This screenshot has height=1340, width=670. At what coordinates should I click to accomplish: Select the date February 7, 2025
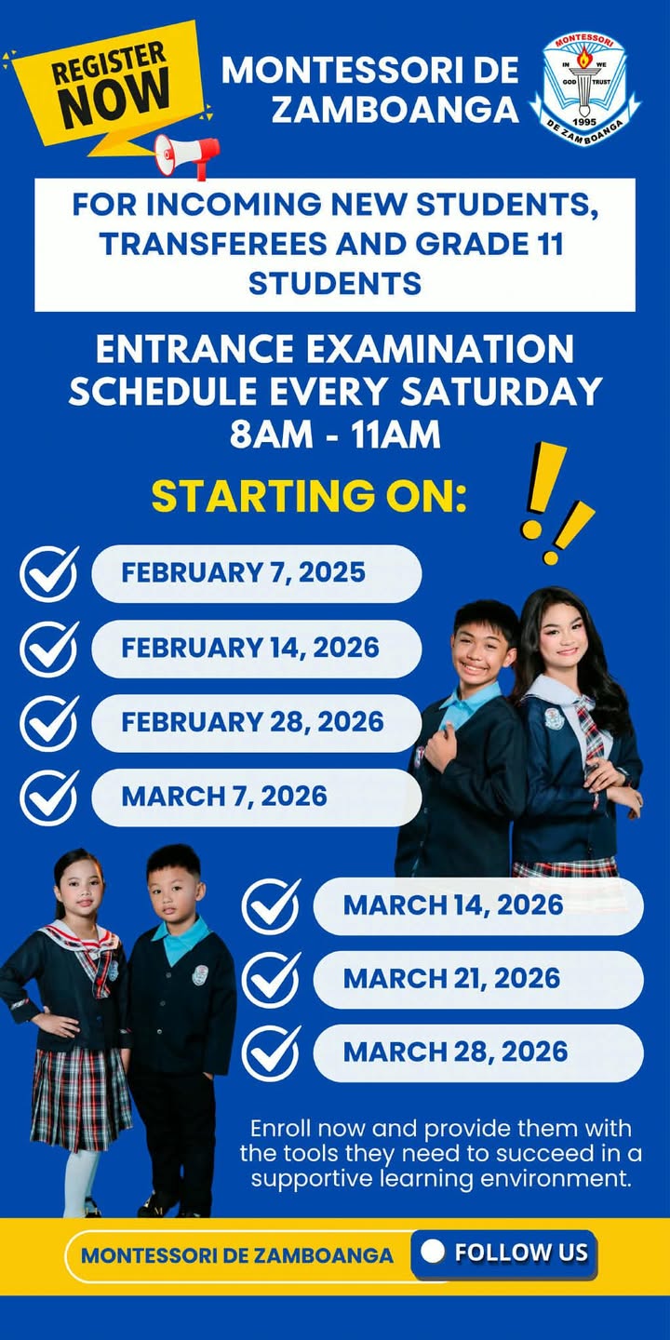[x=256, y=573]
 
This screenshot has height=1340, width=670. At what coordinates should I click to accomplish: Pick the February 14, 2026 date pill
[x=256, y=648]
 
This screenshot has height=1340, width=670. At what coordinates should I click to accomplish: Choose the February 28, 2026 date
[x=256, y=722]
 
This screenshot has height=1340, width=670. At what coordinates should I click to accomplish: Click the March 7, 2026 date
[x=256, y=797]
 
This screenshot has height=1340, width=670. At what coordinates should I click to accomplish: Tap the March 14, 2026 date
[x=477, y=905]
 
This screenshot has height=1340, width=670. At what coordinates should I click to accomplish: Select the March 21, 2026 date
[x=477, y=979]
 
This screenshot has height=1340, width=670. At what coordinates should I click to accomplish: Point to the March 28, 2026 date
[x=477, y=1052]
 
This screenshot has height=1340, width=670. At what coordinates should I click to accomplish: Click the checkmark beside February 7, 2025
[x=49, y=573]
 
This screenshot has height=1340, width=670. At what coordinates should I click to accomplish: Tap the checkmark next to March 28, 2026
[x=271, y=1052]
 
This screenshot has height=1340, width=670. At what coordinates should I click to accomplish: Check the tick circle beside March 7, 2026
[x=49, y=797]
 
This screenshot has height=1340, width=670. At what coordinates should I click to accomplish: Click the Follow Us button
[x=504, y=1253]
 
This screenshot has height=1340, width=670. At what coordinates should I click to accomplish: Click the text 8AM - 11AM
[x=335, y=435]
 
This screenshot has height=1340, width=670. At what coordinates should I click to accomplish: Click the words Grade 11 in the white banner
[x=489, y=244]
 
